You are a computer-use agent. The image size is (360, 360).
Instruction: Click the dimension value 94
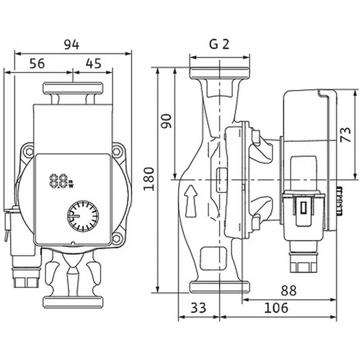pyautogui.click(x=72, y=45)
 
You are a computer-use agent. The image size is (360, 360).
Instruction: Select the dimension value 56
pyautogui.click(x=37, y=63)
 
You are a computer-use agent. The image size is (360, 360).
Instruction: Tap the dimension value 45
pyautogui.click(x=94, y=63)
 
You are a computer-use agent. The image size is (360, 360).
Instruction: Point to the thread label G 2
pyautogui.click(x=219, y=44)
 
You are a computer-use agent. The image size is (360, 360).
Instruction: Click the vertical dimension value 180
pyautogui.click(x=148, y=179)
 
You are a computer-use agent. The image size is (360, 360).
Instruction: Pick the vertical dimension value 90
pyautogui.click(x=166, y=121)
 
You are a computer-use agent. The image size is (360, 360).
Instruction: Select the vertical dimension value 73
pyautogui.click(x=345, y=134)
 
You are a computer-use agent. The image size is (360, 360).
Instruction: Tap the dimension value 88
pyautogui.click(x=288, y=290)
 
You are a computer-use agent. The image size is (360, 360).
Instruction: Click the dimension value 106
pyautogui.click(x=276, y=308)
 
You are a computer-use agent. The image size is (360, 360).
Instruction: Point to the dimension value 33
pyautogui.click(x=198, y=308)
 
